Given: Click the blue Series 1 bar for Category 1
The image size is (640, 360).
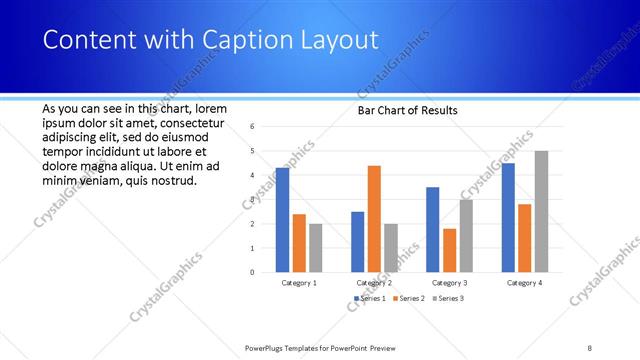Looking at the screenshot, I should pyautogui.click(x=282, y=220).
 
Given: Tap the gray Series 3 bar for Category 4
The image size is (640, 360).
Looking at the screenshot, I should pyautogui.click(x=541, y=211).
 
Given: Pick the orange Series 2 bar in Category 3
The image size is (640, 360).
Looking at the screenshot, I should pyautogui.click(x=449, y=250).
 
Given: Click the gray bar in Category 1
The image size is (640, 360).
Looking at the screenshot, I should pyautogui.click(x=315, y=247).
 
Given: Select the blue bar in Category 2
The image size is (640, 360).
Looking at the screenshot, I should pyautogui.click(x=357, y=241).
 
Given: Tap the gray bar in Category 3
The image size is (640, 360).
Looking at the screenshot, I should pyautogui.click(x=466, y=235).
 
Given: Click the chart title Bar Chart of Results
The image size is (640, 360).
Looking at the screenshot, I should pyautogui.click(x=407, y=110).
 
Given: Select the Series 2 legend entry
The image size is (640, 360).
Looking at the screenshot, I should pyautogui.click(x=409, y=298).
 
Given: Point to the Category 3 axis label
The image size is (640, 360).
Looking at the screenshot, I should pyautogui.click(x=449, y=283).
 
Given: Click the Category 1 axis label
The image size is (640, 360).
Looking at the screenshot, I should pyautogui.click(x=299, y=283).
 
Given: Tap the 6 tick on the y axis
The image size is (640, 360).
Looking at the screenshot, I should pyautogui.click(x=253, y=126).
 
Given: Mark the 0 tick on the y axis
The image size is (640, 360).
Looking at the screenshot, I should pyautogui.click(x=253, y=272).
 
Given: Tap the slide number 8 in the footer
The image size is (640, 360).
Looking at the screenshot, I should pyautogui.click(x=590, y=347).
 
